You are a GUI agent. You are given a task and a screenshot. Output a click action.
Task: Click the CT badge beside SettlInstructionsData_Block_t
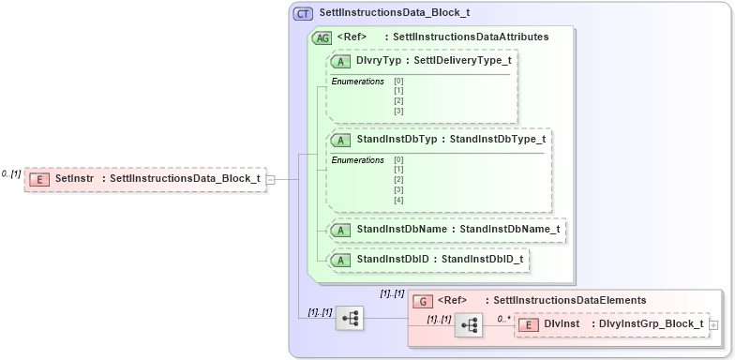coord(304,14)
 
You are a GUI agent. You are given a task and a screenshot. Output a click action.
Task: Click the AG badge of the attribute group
coord(322,37)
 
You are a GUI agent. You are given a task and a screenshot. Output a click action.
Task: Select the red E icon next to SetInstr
coord(39,178)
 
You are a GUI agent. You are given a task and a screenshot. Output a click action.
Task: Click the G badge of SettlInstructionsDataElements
coord(423,301)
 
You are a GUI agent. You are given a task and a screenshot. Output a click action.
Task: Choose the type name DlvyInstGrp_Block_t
coord(651,324)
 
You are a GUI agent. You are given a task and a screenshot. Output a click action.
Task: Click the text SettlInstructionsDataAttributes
coord(471,37)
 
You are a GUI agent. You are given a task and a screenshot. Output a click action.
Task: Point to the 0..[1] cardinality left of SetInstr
coord(11,174)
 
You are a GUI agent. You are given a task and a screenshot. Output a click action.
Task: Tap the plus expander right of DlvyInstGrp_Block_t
coord(715,324)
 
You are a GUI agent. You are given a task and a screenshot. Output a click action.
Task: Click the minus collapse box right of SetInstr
coord(270,178)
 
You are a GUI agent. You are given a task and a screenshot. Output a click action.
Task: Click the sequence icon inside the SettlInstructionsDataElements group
coord(469,324)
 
